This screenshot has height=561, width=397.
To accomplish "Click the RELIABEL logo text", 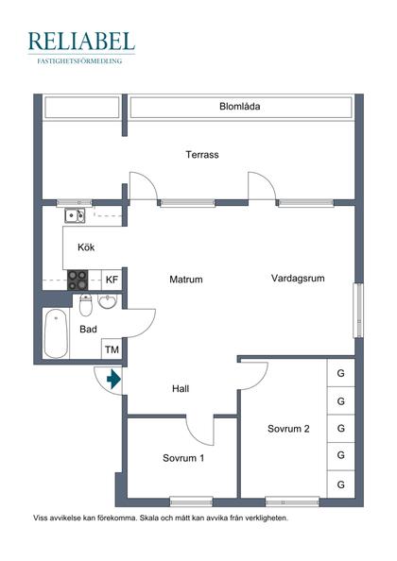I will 81,41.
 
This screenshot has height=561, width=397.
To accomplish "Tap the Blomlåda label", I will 239,107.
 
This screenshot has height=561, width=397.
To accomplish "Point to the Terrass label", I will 202,155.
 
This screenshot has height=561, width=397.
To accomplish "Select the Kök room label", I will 86,248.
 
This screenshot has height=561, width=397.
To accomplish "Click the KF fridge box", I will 112,280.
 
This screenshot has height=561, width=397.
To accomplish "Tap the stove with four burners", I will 78,280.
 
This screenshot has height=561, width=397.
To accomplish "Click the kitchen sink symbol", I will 74,216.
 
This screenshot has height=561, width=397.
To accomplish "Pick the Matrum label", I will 186,280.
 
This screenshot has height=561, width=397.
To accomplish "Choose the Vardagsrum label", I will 298,279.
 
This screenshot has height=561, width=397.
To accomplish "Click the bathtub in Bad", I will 56,334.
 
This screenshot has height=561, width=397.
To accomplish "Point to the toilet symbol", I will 86,305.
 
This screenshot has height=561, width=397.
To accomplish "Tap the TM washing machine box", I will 112,350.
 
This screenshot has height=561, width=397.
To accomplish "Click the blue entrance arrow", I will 113,381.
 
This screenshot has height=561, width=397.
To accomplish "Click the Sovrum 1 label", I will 183,458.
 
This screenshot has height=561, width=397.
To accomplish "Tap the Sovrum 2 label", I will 288,429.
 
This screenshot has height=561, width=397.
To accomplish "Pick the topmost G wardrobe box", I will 340,373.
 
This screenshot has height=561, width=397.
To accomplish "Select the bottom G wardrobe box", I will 340,484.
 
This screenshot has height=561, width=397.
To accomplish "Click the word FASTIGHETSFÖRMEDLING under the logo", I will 81,60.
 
